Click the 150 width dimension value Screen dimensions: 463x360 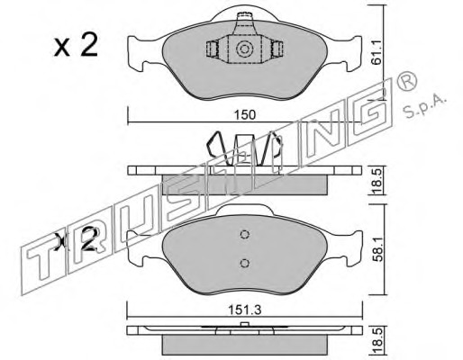pyautogui.click(x=245, y=115)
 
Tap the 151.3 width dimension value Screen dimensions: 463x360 pyautogui.click(x=245, y=310)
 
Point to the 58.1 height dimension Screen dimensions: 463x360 pyautogui.click(x=378, y=247)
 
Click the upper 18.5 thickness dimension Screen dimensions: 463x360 pyautogui.click(x=377, y=181)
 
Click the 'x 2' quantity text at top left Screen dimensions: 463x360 pyautogui.click(x=76, y=45)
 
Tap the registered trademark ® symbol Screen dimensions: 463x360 pyautogui.click(x=406, y=81)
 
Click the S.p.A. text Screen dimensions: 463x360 pyautogui.click(x=423, y=106)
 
